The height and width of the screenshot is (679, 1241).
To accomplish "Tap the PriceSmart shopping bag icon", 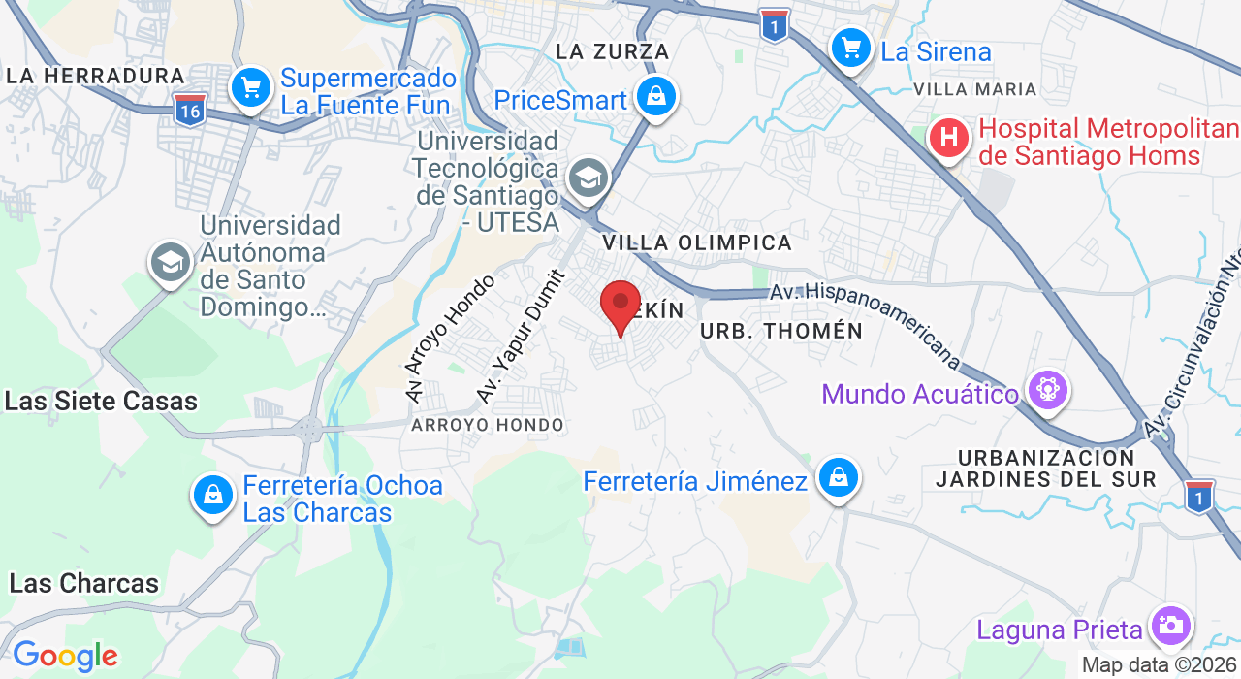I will tap(656, 97).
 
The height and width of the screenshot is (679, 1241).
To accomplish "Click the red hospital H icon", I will tap(949, 138).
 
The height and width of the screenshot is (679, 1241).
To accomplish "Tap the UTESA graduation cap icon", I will tap(588, 178).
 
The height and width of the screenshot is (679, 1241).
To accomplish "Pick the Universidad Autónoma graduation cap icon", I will tap(171, 262).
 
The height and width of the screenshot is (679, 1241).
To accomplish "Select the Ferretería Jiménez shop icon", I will tap(838, 478).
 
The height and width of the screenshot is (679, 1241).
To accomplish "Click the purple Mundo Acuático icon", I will tap(1048, 391).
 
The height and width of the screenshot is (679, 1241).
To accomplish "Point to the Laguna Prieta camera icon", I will tap(1170, 626).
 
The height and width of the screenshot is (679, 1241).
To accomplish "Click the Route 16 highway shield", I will tap(190, 110).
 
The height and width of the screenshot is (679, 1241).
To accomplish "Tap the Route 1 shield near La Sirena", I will tap(774, 25).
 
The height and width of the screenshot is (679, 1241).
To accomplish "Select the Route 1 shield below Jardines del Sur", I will tap(1199, 496).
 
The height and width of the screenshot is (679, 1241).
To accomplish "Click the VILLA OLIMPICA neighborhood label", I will tap(697, 242).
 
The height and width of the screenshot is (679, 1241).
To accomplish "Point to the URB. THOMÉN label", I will tap(780, 331).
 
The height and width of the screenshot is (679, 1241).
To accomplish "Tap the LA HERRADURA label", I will tap(95, 76).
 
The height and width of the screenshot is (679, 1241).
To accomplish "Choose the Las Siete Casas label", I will tap(101, 401).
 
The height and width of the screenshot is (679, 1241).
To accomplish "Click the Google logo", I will tap(64, 657).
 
